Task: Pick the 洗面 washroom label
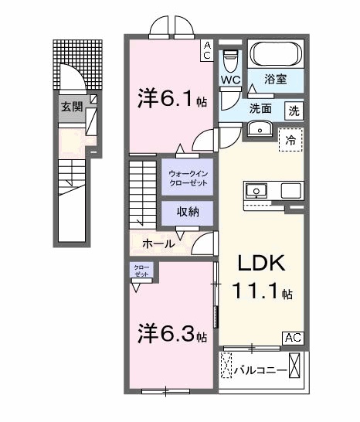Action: (260, 109)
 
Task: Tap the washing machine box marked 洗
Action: (294, 110)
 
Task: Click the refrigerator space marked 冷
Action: (290, 141)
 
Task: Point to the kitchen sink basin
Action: (256, 189)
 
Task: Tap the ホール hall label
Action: (158, 244)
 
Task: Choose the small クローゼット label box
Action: (142, 271)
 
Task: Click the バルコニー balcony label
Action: (260, 370)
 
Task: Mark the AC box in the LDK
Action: (293, 337)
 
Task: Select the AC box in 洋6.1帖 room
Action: (207, 50)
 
